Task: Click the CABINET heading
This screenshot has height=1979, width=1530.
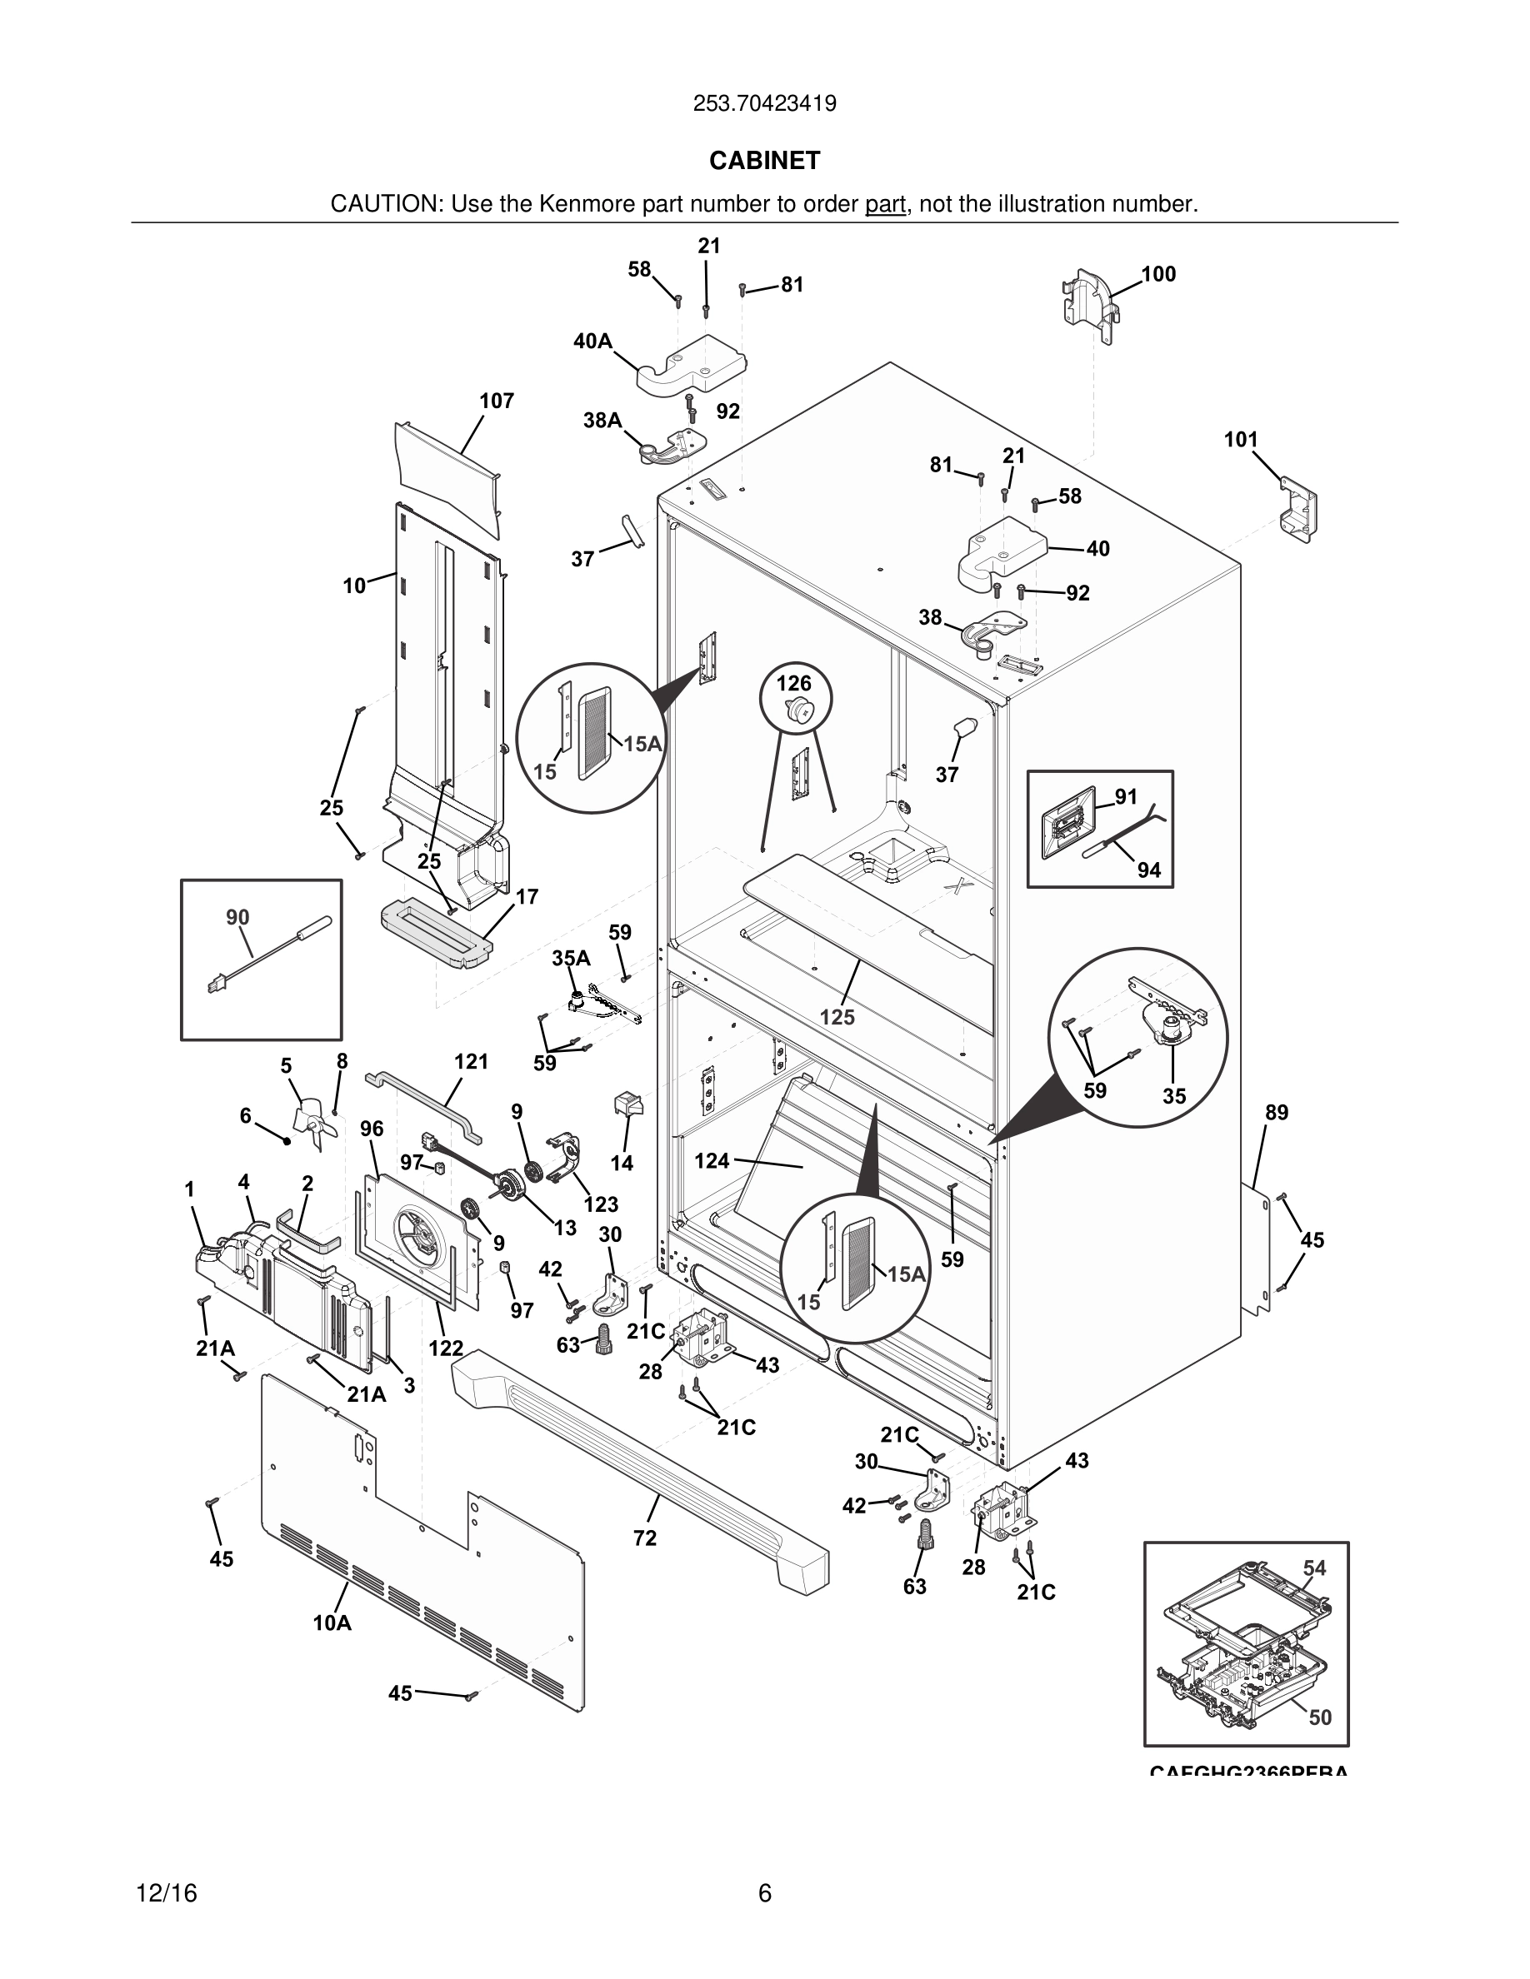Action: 764,161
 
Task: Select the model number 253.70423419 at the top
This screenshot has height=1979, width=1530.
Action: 764,103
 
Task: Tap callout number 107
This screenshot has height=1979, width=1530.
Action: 497,401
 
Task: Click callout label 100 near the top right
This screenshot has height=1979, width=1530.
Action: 1157,274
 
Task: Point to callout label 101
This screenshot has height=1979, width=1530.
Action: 1241,440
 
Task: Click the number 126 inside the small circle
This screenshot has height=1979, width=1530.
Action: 794,683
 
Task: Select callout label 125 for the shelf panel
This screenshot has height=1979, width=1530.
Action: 837,1017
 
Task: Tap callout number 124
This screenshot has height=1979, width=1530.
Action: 712,1160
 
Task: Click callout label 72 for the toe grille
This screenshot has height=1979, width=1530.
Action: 644,1538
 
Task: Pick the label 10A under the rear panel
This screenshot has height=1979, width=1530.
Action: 332,1623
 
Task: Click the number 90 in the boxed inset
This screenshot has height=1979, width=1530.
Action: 237,917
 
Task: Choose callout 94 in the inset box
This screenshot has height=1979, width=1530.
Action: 1148,870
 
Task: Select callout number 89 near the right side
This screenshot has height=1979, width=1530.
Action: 1276,1112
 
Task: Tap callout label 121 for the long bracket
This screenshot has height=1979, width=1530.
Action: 472,1061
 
